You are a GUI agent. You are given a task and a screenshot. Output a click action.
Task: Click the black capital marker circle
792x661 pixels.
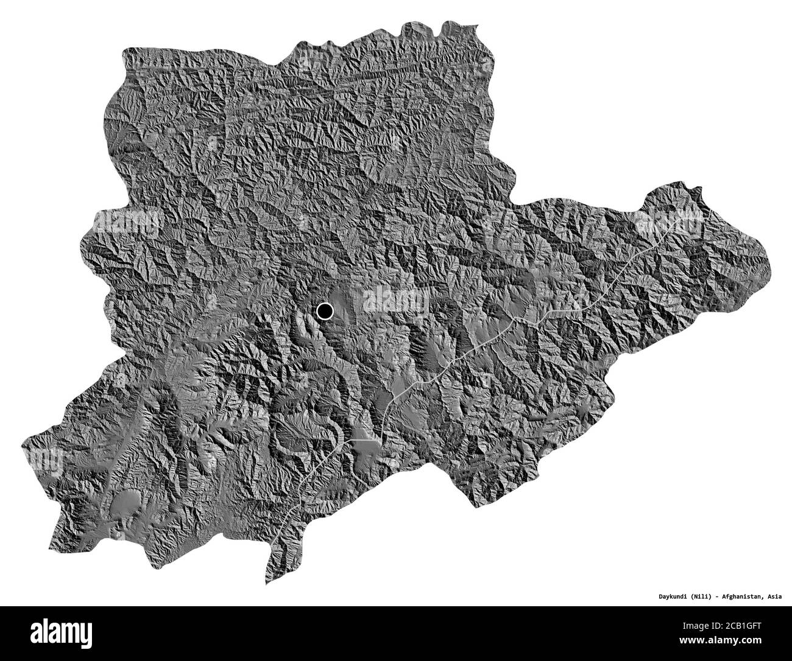325,312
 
